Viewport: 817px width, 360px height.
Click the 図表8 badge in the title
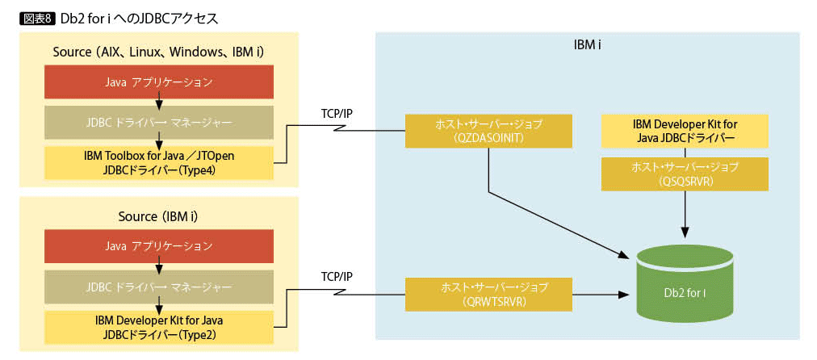[37, 17]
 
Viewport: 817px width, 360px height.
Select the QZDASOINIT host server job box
[488, 131]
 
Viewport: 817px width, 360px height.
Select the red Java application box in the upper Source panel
[159, 82]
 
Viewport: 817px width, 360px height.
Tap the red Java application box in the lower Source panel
[159, 245]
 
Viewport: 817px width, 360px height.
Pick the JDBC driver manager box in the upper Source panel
[159, 123]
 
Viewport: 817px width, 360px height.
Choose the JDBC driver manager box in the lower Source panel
[159, 287]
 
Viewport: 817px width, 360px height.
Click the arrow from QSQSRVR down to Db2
[685, 214]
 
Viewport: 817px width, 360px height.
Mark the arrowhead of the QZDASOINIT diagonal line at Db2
[625, 256]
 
